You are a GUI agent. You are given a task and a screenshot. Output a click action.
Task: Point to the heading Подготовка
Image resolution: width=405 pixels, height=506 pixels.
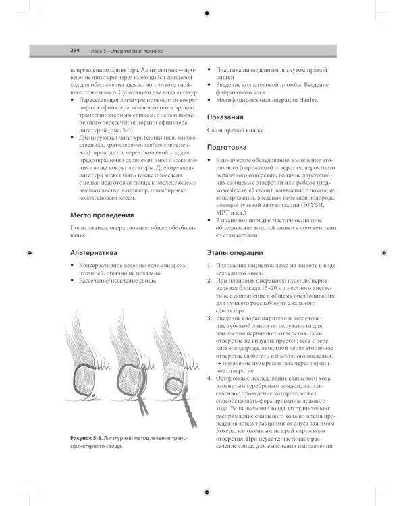(x=227, y=146)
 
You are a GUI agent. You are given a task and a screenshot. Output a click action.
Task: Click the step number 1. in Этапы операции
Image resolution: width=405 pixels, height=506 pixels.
(x=209, y=266)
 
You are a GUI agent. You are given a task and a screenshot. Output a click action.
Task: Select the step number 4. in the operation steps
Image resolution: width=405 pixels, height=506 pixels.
(x=209, y=378)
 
